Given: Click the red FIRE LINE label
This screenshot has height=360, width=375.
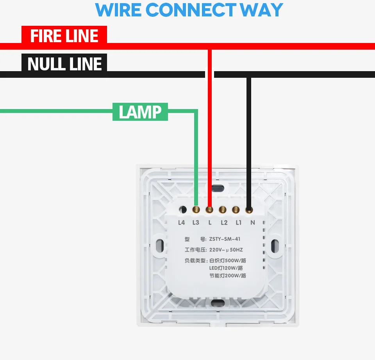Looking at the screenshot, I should [x=64, y=36].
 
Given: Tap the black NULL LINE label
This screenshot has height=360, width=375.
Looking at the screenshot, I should [x=64, y=64].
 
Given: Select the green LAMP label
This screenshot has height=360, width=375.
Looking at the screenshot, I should [x=140, y=112].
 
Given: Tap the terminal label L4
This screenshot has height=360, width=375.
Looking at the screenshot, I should [x=181, y=223].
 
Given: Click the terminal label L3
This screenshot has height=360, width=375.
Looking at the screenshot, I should [x=196, y=223].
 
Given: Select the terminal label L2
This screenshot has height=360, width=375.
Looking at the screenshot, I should [x=224, y=223].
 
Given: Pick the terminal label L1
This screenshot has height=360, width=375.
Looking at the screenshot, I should [x=238, y=223].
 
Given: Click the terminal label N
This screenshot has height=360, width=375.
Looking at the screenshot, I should [x=252, y=223].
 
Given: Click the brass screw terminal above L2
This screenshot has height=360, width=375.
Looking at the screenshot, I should [x=223, y=210].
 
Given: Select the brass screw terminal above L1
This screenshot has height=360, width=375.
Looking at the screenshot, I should [x=236, y=210].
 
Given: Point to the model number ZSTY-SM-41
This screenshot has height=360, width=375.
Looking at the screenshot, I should [x=225, y=239].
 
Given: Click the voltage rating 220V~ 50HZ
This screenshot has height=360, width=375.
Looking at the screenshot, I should [x=226, y=250].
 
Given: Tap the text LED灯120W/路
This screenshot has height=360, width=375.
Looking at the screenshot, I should [x=226, y=268].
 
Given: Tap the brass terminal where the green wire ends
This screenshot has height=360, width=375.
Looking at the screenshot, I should [x=196, y=210].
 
